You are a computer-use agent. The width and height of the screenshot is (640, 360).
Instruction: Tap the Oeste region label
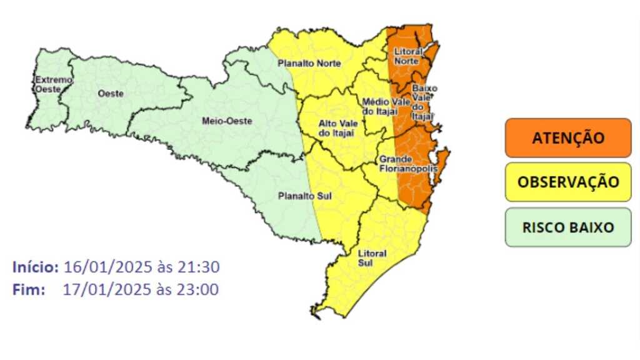pos(111,93)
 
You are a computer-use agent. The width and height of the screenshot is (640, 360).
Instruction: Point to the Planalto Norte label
pos(309,63)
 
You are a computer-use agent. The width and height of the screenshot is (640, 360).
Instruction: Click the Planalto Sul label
pos(304,196)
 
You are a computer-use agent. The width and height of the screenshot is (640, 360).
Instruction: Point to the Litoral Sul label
pos(372,258)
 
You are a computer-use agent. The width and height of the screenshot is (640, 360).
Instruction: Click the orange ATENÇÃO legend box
pos(567,137)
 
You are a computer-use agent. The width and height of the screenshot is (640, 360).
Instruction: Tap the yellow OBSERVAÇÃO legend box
pos(567,182)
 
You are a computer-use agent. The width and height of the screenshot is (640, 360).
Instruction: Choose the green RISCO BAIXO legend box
pos(567,227)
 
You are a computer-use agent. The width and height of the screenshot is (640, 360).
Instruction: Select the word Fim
pos(28,289)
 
